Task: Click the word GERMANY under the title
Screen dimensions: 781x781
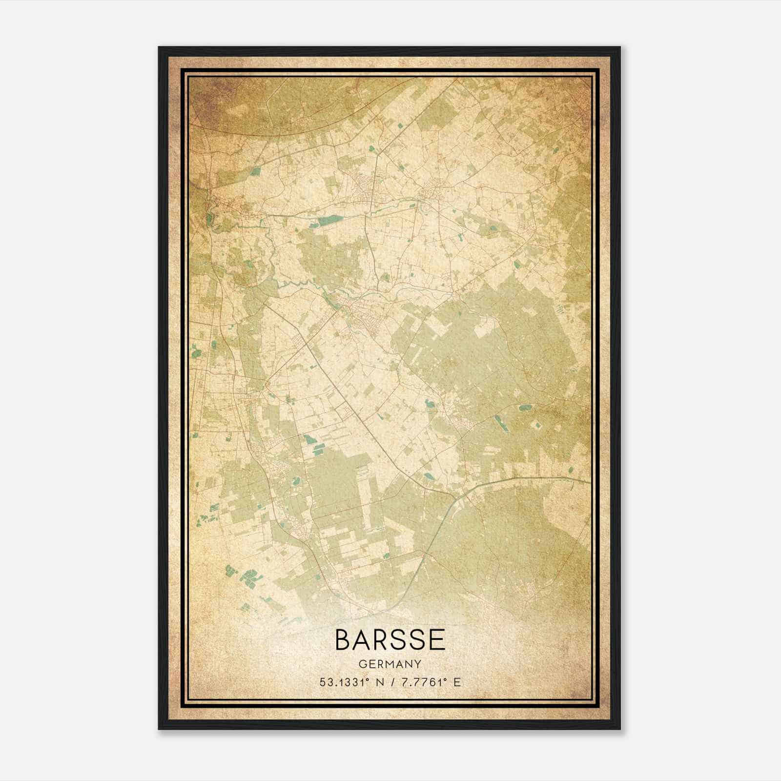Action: (x=390, y=664)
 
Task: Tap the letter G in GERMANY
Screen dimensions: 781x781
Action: (x=363, y=664)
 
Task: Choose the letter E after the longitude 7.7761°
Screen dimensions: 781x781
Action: (x=457, y=682)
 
